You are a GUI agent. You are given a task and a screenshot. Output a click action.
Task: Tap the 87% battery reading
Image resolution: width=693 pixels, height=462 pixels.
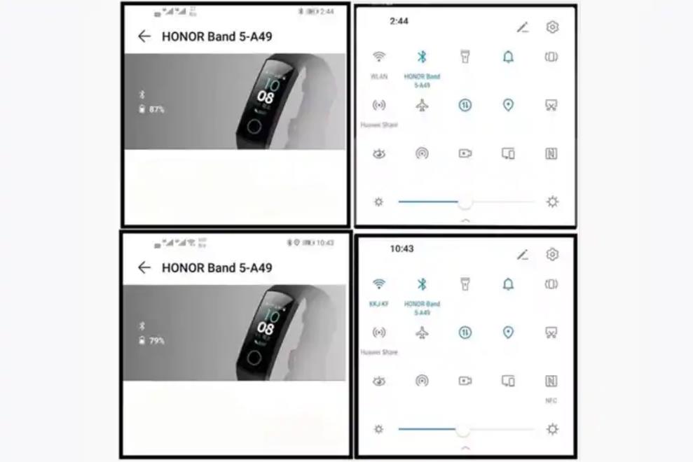[156, 109]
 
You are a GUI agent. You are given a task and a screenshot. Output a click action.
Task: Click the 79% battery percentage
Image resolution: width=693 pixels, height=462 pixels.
[156, 341]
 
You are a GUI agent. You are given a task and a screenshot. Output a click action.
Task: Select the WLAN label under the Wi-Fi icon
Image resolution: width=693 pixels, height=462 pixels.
[379, 77]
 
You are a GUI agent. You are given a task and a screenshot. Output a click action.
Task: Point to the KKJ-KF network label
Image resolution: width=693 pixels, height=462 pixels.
[379, 304]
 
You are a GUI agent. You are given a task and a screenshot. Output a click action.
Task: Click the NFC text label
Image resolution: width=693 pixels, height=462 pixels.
[551, 401]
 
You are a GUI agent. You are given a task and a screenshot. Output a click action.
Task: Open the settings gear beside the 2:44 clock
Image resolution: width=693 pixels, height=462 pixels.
[552, 27]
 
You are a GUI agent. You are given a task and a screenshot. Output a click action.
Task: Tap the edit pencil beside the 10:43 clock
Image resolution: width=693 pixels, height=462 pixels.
[523, 255]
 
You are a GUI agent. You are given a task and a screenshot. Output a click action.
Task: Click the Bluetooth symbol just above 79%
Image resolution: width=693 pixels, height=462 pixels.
[142, 325]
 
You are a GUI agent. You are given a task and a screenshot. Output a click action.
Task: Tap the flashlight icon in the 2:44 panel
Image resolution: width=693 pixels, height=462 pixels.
[465, 57]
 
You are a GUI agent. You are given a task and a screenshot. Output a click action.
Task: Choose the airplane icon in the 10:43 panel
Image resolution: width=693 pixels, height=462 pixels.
[422, 332]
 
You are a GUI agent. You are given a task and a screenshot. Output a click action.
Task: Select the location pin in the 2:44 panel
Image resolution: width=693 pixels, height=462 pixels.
[508, 105]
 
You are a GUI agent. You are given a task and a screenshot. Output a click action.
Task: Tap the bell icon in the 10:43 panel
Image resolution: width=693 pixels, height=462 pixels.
[508, 284]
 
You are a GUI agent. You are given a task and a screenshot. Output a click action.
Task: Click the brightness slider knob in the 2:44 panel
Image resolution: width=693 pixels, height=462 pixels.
[465, 202]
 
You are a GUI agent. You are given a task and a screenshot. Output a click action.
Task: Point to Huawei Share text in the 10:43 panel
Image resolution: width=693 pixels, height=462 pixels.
[379, 352]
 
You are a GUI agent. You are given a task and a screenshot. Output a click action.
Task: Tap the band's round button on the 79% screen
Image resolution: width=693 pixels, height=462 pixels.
[254, 357]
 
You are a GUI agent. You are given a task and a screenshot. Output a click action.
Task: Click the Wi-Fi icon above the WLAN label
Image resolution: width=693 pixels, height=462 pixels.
[379, 57]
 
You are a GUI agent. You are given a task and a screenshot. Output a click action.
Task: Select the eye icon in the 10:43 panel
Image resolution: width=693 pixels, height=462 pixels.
[379, 381]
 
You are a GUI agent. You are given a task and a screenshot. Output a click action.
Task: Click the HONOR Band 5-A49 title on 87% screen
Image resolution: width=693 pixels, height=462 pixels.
[217, 36]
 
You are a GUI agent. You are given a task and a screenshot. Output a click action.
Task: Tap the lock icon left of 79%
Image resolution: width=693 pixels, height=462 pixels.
[142, 341]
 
